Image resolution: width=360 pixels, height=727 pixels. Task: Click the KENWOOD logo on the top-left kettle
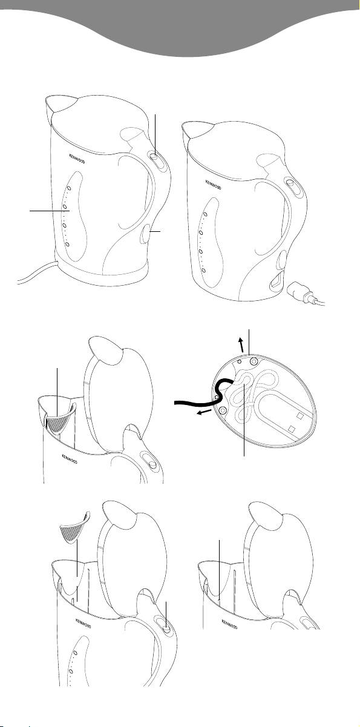(x=77, y=159)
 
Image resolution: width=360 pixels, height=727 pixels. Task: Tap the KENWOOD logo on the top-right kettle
(x=214, y=185)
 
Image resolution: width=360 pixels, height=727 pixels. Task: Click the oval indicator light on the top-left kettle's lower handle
(x=145, y=234)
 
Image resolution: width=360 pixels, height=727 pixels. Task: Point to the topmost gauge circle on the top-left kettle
(x=69, y=188)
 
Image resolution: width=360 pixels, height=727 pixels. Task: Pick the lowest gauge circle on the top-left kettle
(x=67, y=244)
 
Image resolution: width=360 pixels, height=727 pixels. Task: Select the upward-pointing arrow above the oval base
(x=241, y=344)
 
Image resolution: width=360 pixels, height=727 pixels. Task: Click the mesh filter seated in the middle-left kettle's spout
(x=58, y=423)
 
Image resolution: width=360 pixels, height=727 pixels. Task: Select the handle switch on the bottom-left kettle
(x=166, y=624)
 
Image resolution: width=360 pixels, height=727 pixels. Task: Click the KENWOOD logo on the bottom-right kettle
(x=230, y=625)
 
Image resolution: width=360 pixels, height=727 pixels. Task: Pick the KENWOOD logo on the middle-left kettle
(x=70, y=459)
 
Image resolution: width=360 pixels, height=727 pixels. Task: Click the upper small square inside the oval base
(x=299, y=415)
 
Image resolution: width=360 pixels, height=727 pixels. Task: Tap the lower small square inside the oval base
(x=291, y=429)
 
